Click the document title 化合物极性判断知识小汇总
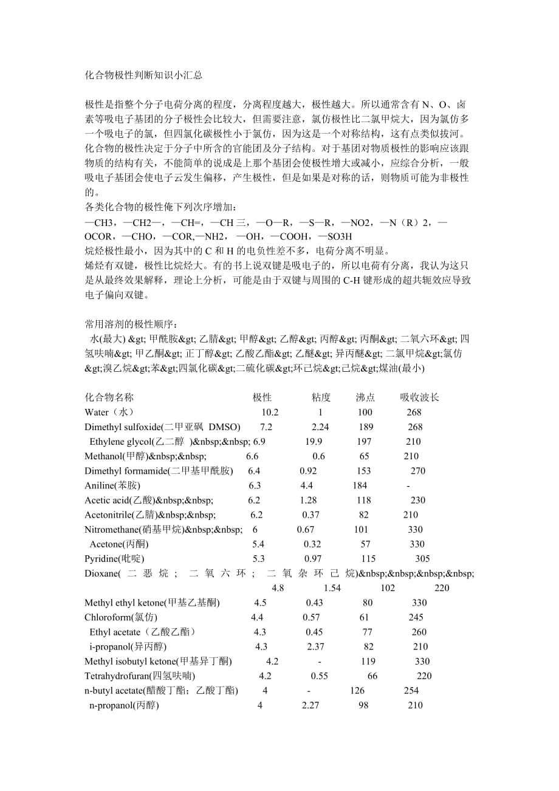point(143,76)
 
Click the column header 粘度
point(321,397)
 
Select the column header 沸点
point(366,397)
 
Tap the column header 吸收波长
point(419,397)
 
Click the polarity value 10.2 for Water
point(270,413)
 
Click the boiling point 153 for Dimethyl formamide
point(364,471)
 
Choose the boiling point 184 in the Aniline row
point(360,485)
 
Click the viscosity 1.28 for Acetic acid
point(309,500)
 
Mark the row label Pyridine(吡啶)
point(115,559)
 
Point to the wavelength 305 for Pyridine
point(422,559)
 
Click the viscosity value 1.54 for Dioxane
point(332,588)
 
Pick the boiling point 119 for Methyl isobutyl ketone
point(368,662)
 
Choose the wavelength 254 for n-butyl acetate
point(411,691)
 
